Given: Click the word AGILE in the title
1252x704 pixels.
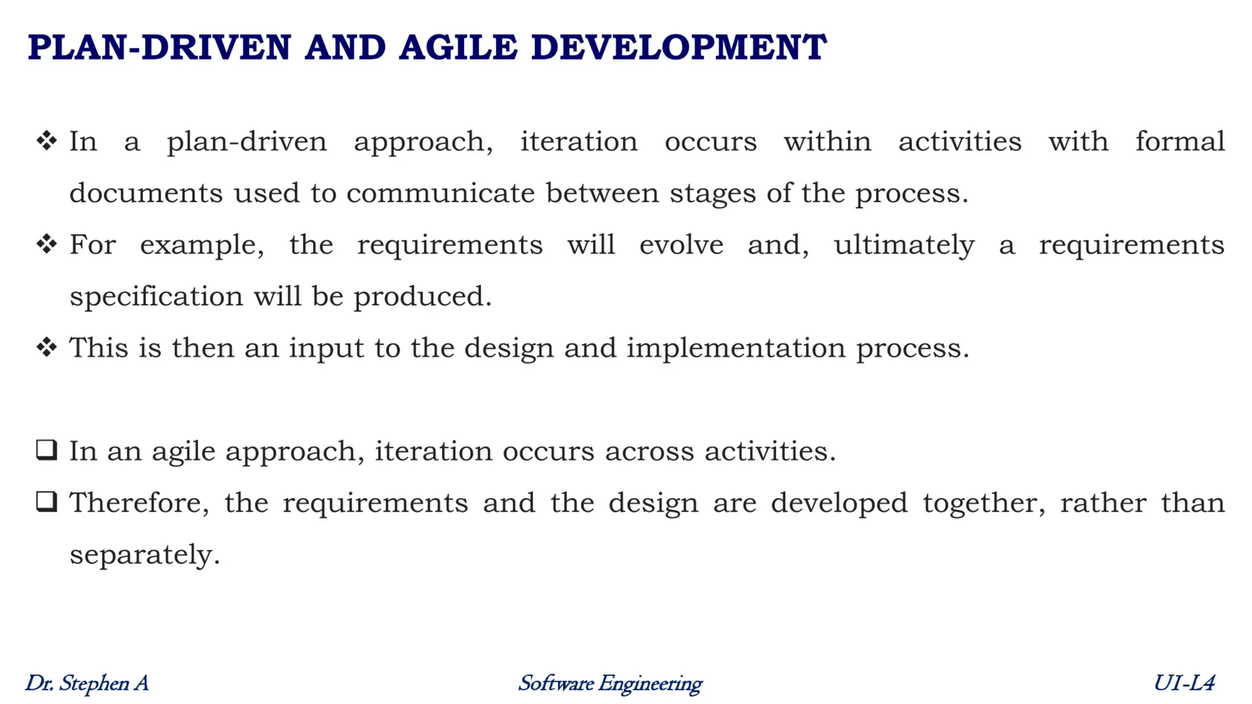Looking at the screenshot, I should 458,48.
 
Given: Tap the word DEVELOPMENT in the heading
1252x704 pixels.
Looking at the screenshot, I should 679,48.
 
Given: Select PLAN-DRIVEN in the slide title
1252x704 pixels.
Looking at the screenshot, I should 160,48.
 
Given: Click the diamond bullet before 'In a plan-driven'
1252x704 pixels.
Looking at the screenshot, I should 46,141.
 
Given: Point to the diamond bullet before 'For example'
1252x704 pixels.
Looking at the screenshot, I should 46,244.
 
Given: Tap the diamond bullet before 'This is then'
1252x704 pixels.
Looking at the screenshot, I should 46,348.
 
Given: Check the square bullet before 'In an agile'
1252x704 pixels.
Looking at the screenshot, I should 46,450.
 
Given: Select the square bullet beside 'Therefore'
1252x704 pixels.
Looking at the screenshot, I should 46,502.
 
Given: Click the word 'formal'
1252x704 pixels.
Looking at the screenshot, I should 1180,142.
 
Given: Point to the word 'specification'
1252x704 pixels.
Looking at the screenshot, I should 156,297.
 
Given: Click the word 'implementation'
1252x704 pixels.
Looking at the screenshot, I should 735,348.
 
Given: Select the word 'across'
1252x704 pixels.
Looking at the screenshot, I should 649,452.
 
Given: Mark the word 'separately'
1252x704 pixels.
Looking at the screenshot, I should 144,555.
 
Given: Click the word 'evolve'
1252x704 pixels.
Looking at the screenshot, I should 681,245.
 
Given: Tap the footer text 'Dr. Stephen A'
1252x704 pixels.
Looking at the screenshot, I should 87,683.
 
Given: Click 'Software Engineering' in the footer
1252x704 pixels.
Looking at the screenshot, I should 610,683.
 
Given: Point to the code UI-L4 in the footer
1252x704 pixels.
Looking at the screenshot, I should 1184,683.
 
